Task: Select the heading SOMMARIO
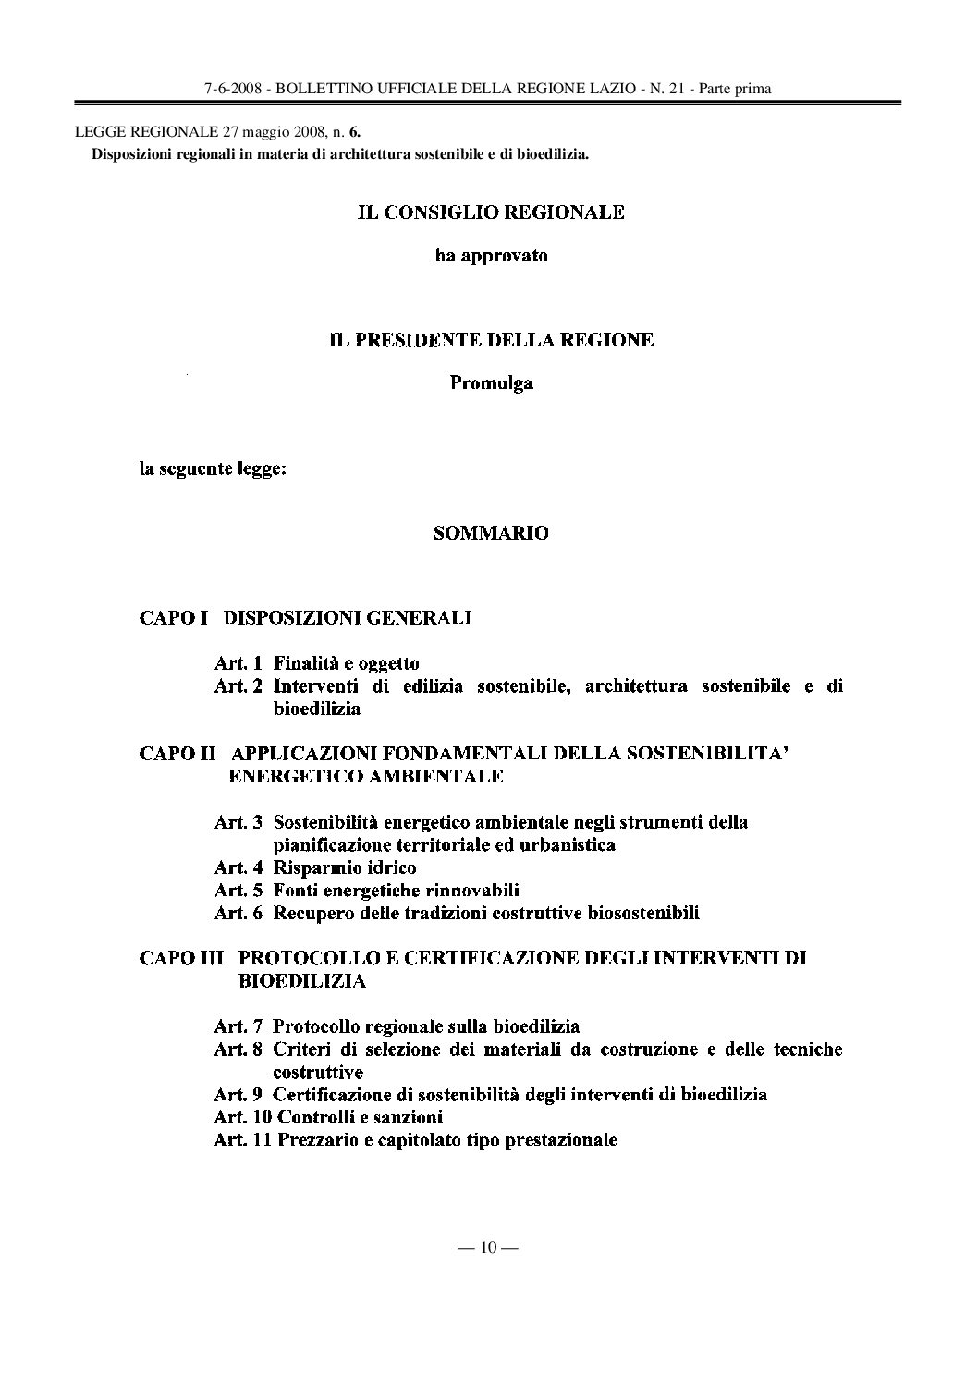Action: (491, 533)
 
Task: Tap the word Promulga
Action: (491, 382)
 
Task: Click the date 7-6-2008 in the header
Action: (233, 89)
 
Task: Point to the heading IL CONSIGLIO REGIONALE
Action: (491, 212)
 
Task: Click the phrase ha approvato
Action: (491, 255)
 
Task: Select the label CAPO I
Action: (173, 616)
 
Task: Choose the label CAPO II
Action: (177, 753)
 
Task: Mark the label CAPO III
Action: (180, 958)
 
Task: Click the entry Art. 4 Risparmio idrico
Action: (314, 867)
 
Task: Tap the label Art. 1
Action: (238, 663)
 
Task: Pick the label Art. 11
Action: (242, 1140)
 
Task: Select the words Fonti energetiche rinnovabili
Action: (396, 891)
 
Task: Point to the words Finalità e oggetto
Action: (346, 663)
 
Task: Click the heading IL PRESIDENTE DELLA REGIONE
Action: (491, 340)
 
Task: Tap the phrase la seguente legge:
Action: (213, 469)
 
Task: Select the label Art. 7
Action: (238, 1026)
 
